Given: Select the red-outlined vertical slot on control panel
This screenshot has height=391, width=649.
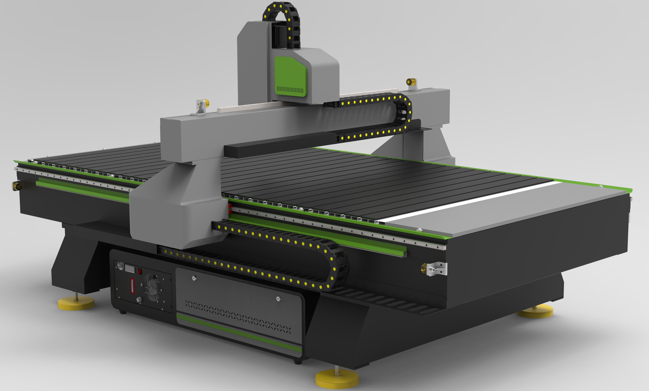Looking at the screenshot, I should click(133, 285).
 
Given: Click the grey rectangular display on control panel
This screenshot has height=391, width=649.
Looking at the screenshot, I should click(130, 269).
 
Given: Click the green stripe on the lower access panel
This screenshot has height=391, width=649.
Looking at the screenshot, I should click(237, 333).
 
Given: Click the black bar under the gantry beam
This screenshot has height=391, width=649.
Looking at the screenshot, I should click(277, 145).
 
